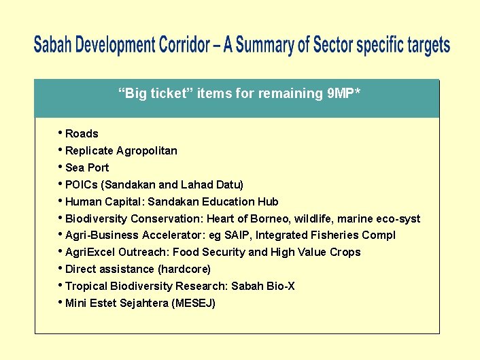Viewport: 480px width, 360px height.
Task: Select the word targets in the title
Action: (x=427, y=46)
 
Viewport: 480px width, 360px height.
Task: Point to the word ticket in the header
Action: (x=169, y=94)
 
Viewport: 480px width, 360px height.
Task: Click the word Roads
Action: (x=82, y=134)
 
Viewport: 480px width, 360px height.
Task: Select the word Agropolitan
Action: (x=147, y=151)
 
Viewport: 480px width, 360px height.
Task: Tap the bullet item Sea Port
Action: (x=87, y=168)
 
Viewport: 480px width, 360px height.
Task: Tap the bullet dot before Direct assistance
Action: (x=61, y=267)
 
